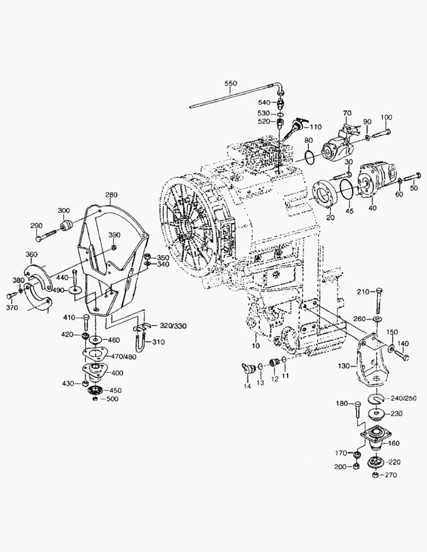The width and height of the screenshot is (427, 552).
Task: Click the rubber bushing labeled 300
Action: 66,226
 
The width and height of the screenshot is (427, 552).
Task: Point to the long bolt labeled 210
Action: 377,301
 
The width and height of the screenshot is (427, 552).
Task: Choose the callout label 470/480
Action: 125,357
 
